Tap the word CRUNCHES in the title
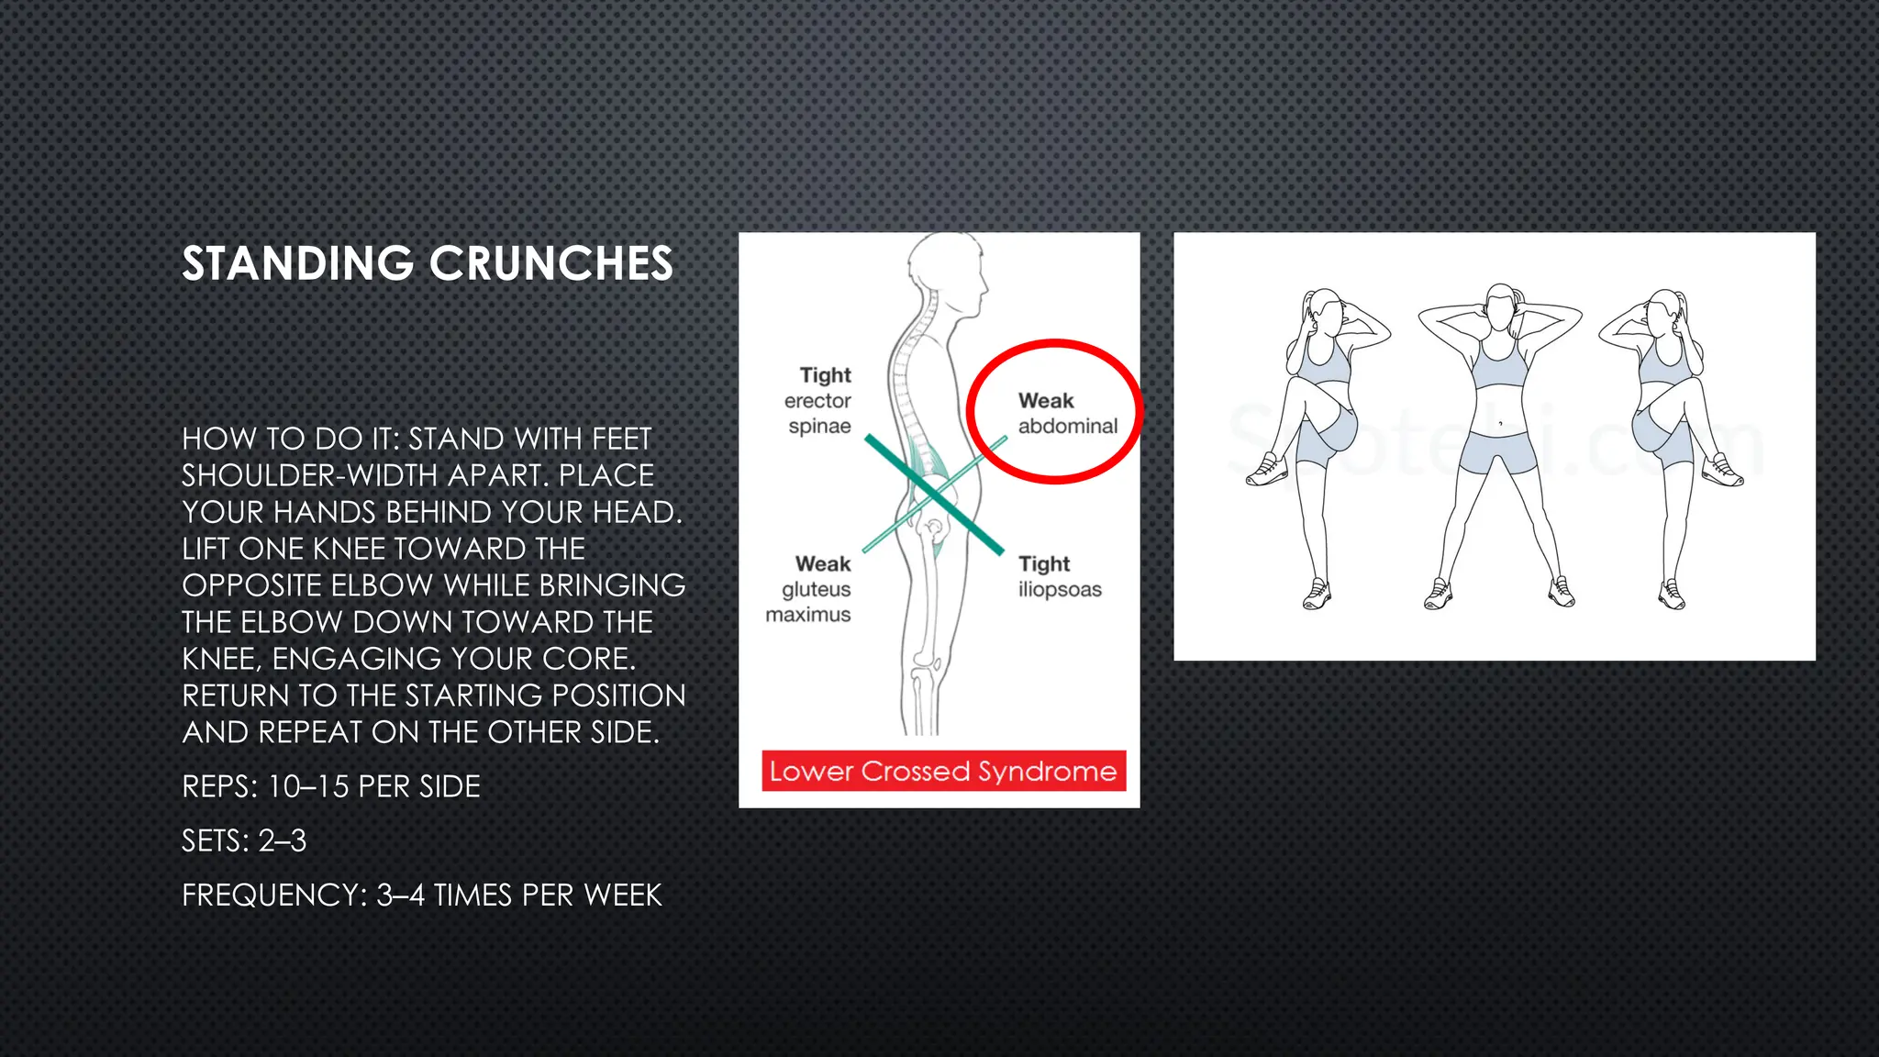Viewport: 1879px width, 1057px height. click(x=551, y=264)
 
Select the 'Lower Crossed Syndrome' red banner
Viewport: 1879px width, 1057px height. click(x=943, y=771)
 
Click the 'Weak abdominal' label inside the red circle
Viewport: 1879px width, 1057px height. click(x=1066, y=413)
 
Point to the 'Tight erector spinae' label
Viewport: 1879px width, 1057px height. click(x=818, y=400)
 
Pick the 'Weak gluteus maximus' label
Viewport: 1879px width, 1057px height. click(x=809, y=589)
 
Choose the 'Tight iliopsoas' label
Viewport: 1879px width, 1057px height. click(x=1059, y=576)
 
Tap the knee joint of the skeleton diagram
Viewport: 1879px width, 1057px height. click(x=923, y=662)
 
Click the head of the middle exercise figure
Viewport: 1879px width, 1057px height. click(x=1499, y=308)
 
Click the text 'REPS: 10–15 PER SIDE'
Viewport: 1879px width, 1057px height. click(x=331, y=787)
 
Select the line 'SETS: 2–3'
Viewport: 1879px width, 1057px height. click(x=244, y=840)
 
